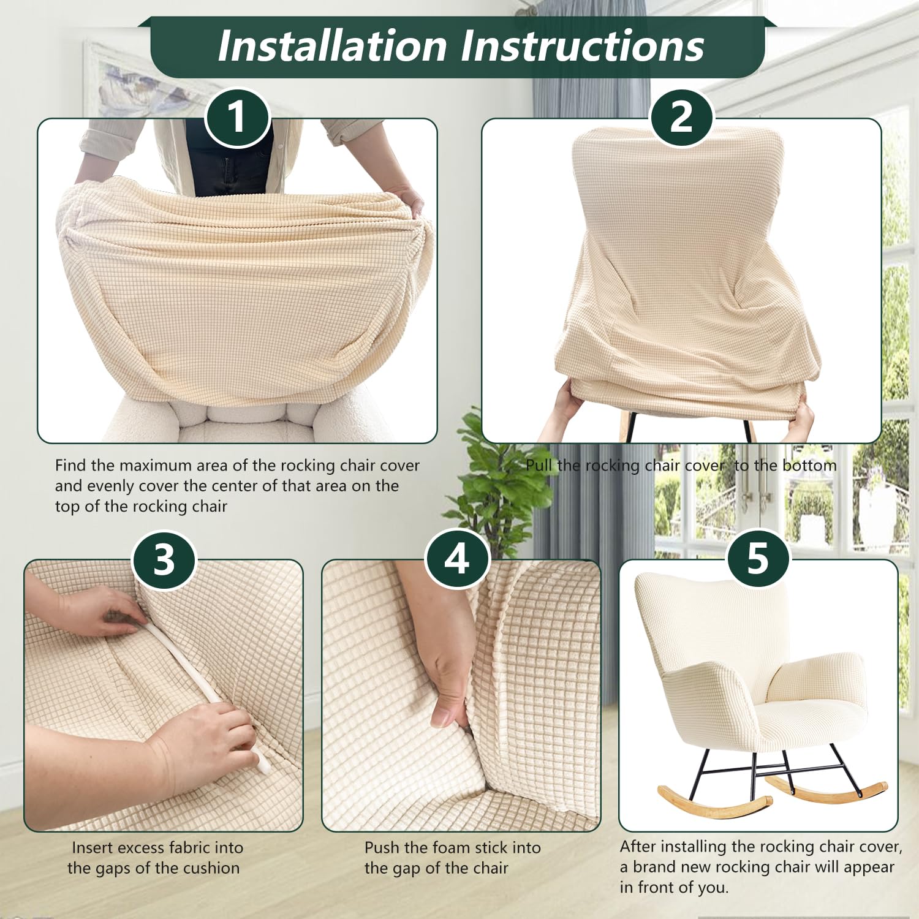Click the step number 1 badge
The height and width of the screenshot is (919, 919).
point(237,117)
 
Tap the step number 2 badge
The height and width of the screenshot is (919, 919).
point(681,117)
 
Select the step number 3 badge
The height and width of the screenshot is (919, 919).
point(164,559)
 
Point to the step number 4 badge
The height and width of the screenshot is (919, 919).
point(457,559)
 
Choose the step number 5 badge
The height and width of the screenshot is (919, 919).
point(757,559)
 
